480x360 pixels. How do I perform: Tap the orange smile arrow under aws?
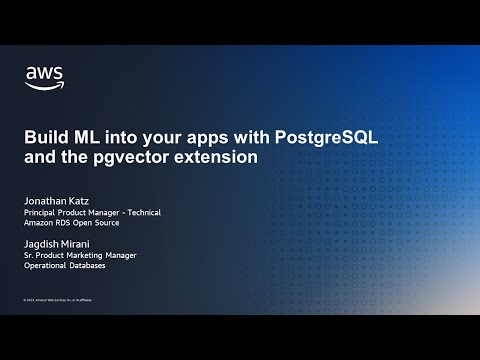tap(43, 86)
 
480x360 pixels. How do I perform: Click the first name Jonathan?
tap(47, 199)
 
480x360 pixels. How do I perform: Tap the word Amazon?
tap(39, 223)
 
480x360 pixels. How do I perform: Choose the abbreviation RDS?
tap(67, 223)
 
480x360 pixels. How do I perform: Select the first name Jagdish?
tap(44, 243)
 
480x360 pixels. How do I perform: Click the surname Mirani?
tap(83, 243)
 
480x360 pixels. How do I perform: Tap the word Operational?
tap(46, 267)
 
